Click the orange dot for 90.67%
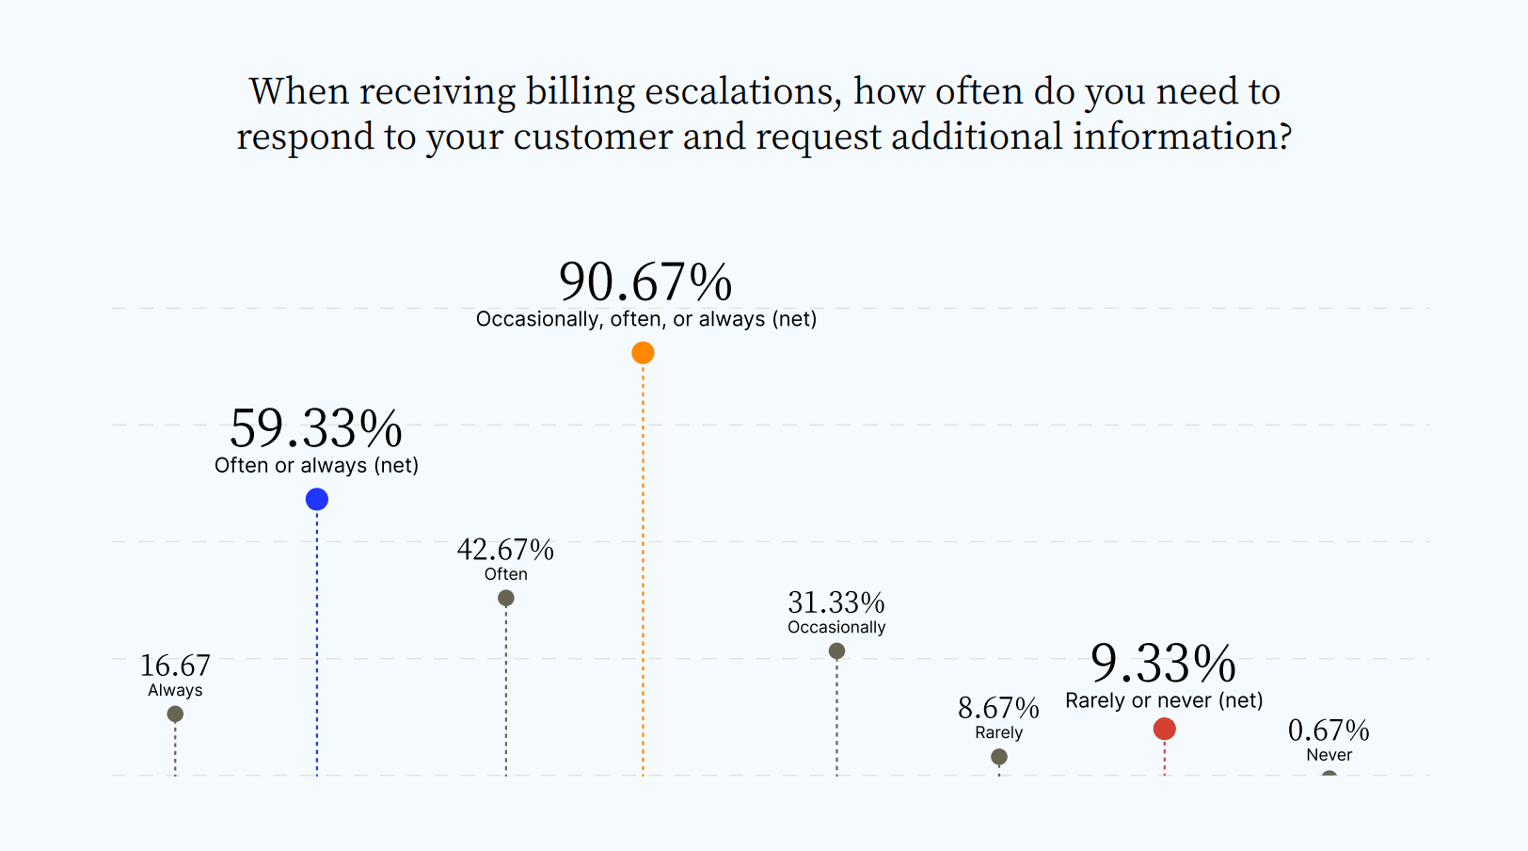(643, 353)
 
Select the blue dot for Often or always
(317, 499)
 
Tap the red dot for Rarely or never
(1164, 729)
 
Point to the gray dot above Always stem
(175, 714)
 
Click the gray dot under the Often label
(505, 598)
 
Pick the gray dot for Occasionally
(836, 650)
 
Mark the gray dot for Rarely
(999, 757)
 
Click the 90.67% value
(645, 281)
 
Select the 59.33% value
(316, 428)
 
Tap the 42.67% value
(505, 549)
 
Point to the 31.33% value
(836, 602)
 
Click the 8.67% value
(998, 708)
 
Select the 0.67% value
(1329, 731)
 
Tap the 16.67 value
(175, 666)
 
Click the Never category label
(1329, 755)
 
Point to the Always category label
(175, 690)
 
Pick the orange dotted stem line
(643, 565)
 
